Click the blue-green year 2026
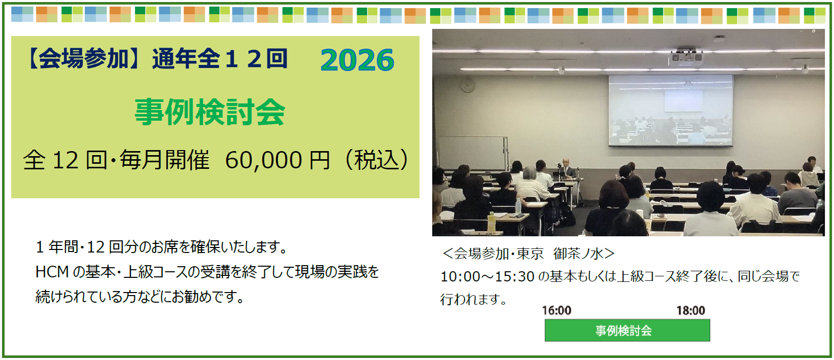pyautogui.click(x=357, y=60)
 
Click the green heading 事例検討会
pyautogui.click(x=210, y=112)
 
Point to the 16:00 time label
pyautogui.click(x=556, y=310)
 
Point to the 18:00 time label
pyautogui.click(x=690, y=310)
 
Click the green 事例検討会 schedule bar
pyautogui.click(x=628, y=330)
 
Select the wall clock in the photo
pyautogui.click(x=468, y=86)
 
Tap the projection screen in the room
pyautogui.click(x=671, y=111)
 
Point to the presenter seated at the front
pyautogui.click(x=566, y=169)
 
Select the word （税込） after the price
pyautogui.click(x=377, y=160)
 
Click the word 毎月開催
pyautogui.click(x=164, y=160)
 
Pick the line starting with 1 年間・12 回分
pyautogui.click(x=162, y=247)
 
